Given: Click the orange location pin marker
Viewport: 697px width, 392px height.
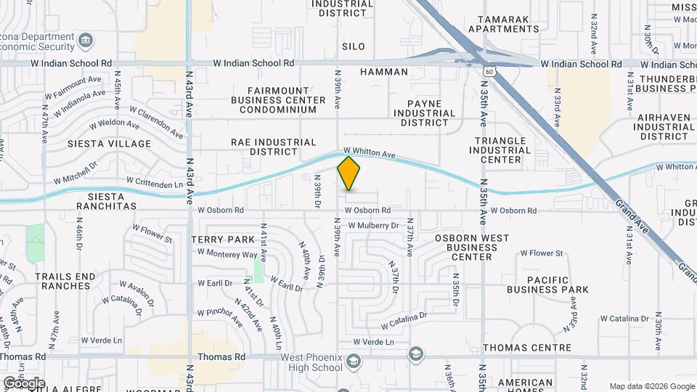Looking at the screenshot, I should (348, 173).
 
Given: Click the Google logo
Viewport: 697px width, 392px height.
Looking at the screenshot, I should (24, 383).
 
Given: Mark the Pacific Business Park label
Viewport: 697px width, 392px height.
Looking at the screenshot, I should (558, 285).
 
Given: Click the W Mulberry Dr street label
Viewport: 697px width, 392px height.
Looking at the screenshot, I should (373, 226).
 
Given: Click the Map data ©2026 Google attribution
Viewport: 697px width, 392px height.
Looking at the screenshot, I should (652, 386).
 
